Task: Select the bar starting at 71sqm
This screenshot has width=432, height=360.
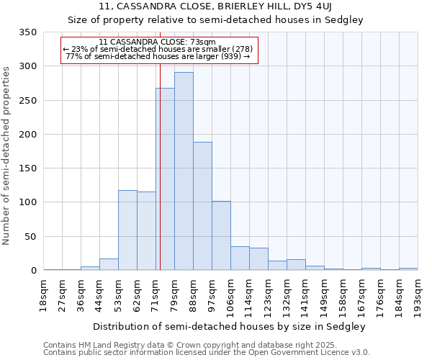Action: pos(166,179)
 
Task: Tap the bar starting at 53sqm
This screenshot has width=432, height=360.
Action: pos(127,230)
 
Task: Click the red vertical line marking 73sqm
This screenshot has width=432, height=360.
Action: pos(160,144)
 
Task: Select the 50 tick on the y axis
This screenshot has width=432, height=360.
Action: pos(30,236)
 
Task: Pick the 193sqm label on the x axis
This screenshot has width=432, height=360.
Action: pos(418,296)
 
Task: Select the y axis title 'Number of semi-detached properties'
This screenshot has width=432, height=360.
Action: pos(6,155)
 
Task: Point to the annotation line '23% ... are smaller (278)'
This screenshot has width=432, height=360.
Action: pos(158,49)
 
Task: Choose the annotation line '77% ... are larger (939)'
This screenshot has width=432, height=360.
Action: pos(158,56)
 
